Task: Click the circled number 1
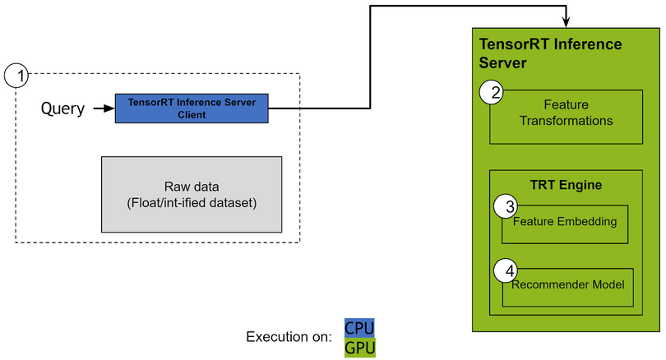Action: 16,76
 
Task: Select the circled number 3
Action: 509,205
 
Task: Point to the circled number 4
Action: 509,270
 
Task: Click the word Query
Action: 62,109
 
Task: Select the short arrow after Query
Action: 104,108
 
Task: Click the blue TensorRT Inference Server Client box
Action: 192,108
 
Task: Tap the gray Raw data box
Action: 192,194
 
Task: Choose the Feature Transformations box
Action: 567,115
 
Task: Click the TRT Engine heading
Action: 566,185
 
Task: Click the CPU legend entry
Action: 359,328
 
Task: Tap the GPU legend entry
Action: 359,347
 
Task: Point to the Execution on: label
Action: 289,337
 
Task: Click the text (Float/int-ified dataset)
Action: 192,202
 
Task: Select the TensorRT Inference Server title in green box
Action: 550,53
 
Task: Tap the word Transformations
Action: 567,121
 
